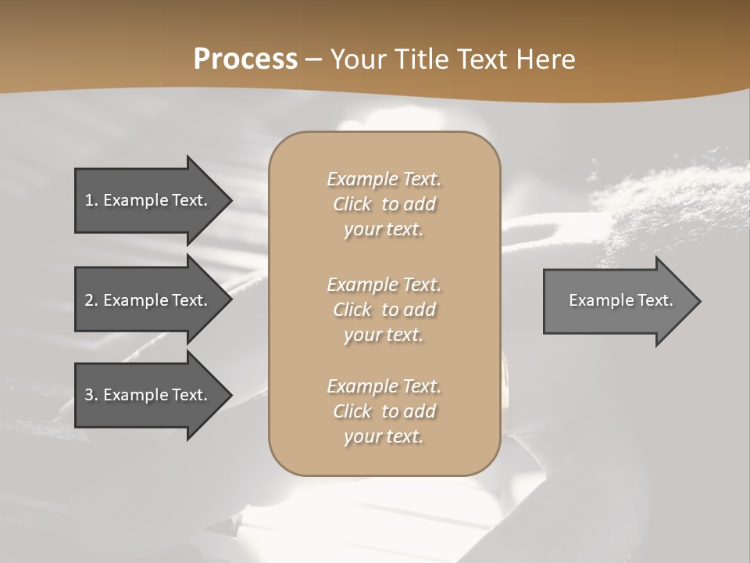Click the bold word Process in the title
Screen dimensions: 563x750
(x=245, y=59)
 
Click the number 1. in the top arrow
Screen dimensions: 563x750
(x=91, y=200)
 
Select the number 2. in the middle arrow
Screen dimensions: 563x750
(x=91, y=300)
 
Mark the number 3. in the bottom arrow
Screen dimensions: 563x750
(x=91, y=395)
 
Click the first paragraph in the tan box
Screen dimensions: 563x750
(x=384, y=204)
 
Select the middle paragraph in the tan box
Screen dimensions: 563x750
(x=384, y=310)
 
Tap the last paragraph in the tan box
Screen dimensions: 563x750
(x=384, y=411)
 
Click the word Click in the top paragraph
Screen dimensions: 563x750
(x=352, y=204)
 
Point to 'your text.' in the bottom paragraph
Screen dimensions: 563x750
(x=384, y=436)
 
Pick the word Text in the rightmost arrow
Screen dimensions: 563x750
(x=655, y=300)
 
